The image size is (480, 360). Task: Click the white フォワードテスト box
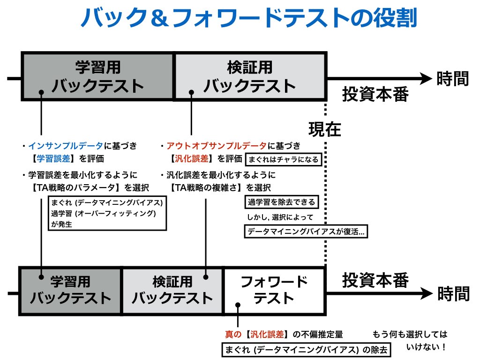pyautogui.click(x=274, y=290)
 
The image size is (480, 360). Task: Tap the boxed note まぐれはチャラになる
pyautogui.click(x=283, y=159)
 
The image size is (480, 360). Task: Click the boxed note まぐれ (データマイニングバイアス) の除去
pyautogui.click(x=306, y=350)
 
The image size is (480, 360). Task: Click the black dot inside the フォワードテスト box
pyautogui.click(x=238, y=305)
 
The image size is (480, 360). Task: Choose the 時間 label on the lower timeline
pyautogui.click(x=453, y=293)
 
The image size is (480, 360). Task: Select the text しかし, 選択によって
pyautogui.click(x=280, y=217)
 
